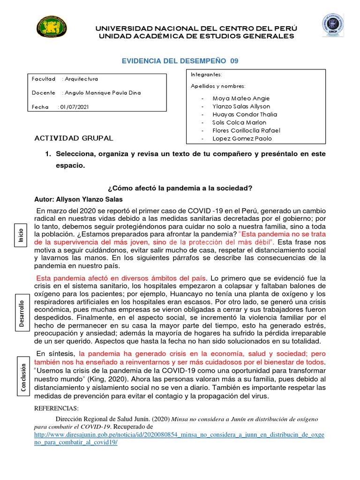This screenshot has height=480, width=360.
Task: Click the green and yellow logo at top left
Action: (x=52, y=28)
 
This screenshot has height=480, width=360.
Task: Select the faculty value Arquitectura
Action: (x=82, y=79)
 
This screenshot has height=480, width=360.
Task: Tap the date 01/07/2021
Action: (x=74, y=107)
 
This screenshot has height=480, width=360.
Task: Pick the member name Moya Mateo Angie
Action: (x=241, y=98)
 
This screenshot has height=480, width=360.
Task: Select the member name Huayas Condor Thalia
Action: (x=245, y=114)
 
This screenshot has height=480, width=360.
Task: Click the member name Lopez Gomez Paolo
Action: (x=242, y=138)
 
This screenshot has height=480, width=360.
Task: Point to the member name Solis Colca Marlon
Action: (x=239, y=122)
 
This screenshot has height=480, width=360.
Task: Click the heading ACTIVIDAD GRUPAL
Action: (x=74, y=138)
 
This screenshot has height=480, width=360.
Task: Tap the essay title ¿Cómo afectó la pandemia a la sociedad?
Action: (x=180, y=188)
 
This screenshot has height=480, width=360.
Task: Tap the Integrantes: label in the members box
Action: (x=206, y=75)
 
